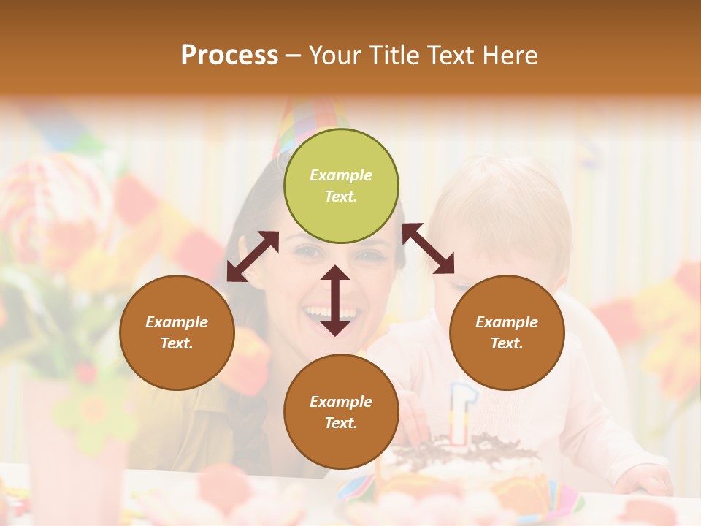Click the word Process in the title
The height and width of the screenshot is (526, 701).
tap(229, 56)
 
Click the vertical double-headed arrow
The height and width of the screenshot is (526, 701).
tap(335, 300)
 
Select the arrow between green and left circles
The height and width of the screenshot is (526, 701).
tap(253, 256)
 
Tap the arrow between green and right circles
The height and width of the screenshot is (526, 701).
tap(429, 249)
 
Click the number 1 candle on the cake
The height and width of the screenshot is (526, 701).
tap(459, 413)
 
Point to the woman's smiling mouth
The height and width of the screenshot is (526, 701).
tap(330, 314)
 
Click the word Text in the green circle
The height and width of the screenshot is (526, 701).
tap(340, 197)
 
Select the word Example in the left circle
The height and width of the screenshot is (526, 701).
tap(177, 322)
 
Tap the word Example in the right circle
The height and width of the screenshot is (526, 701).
tap(507, 322)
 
